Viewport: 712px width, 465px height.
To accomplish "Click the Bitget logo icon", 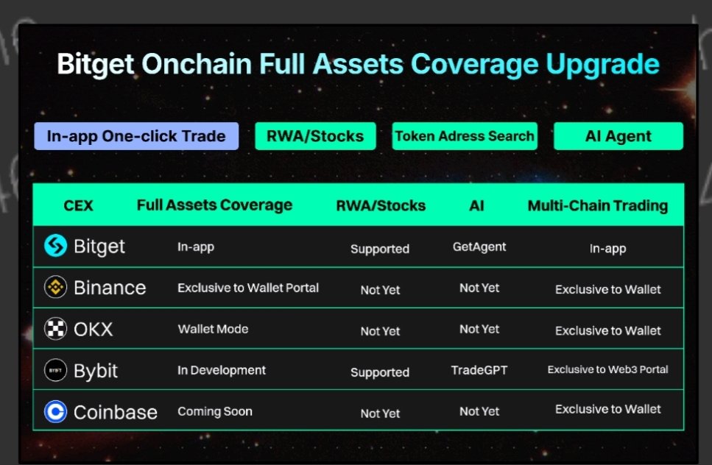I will pos(55,246).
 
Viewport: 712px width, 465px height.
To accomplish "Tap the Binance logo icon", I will pos(55,287).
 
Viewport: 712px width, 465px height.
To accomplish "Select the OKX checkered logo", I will pos(55,328).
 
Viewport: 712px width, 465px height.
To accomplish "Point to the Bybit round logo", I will pos(55,369).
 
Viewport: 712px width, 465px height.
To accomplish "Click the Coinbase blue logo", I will pos(55,411).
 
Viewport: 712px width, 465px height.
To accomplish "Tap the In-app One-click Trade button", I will pos(136,136).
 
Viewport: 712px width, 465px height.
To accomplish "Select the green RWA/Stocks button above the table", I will pos(315,136).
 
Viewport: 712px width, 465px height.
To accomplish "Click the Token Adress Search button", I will pos(464,136).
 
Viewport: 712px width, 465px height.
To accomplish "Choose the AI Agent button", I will pos(618,136).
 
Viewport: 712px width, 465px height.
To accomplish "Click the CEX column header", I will pos(79,205).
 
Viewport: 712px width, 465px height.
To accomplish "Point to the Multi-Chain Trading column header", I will pos(597,205).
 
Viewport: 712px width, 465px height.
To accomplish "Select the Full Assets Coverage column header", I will pos(214,205).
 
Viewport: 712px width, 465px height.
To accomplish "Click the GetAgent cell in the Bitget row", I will pos(479,247).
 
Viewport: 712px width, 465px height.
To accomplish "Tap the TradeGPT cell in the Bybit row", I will pos(479,370).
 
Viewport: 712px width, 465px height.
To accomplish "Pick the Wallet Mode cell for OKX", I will pos(213,329).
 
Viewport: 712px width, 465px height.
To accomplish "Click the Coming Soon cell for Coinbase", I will pos(215,411).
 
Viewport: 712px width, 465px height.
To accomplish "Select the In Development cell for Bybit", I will pos(222,370).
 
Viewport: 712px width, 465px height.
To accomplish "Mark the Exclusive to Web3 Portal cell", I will pos(607,369).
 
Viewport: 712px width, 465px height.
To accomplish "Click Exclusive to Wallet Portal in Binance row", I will pos(248,288).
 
